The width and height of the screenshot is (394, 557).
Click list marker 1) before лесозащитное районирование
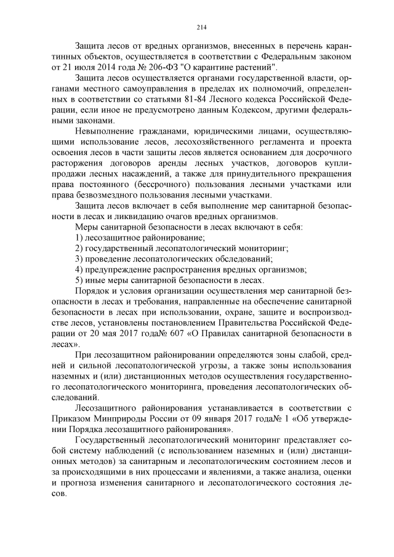pos(79,238)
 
